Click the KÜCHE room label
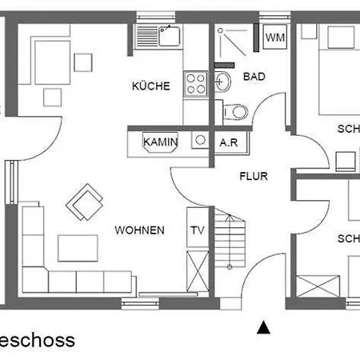(150, 86)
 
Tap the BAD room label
(254, 77)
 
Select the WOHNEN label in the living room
(139, 230)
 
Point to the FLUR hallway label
(253, 176)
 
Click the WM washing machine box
(274, 38)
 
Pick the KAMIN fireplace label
(160, 142)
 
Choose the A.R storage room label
(229, 142)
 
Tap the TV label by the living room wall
(197, 230)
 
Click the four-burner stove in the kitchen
(196, 84)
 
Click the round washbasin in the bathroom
(223, 81)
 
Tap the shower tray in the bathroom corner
(234, 45)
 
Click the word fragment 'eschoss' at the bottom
(38, 340)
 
